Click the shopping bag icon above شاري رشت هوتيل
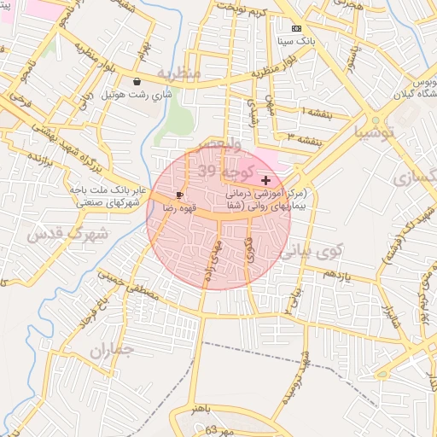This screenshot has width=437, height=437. [137, 82]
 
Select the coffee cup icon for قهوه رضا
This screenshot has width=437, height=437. [179, 195]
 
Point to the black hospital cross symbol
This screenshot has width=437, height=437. [266, 180]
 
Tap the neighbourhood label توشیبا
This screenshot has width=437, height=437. [376, 132]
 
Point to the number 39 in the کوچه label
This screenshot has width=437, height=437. [207, 172]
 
